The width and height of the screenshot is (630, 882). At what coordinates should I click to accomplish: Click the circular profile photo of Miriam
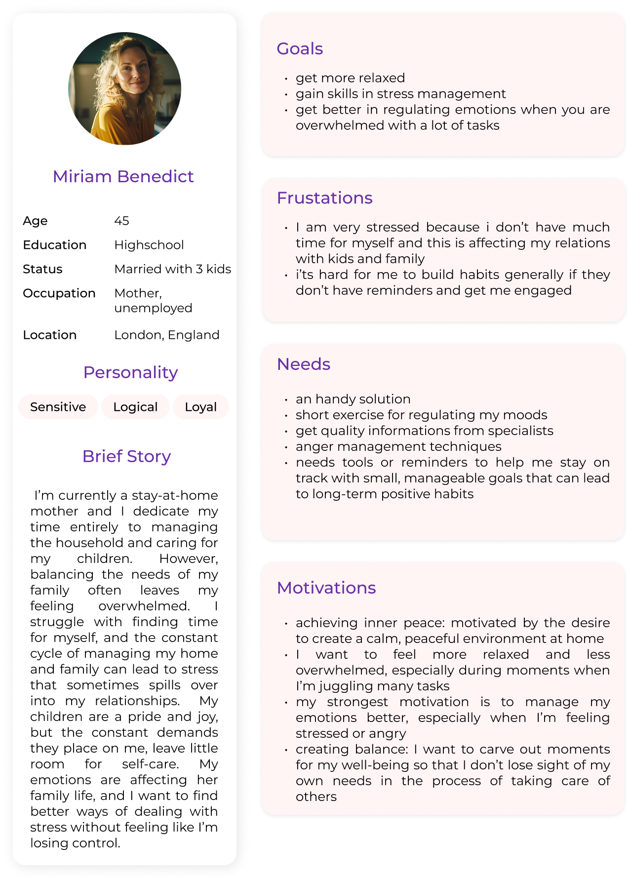tap(124, 88)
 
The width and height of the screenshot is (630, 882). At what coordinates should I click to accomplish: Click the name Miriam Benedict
tap(123, 176)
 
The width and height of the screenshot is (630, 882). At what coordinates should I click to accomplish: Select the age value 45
tap(121, 221)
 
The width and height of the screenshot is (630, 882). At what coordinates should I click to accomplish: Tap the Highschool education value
tap(149, 245)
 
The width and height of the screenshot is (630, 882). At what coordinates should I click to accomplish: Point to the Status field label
tap(42, 269)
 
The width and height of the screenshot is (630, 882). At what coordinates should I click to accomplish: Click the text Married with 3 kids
tap(172, 269)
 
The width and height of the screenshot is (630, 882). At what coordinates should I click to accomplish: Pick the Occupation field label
tap(59, 293)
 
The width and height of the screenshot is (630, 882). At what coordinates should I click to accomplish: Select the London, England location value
tap(166, 335)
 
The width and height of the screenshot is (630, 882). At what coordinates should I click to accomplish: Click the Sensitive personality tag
tap(58, 407)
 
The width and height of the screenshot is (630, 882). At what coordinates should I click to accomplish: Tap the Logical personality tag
tap(135, 407)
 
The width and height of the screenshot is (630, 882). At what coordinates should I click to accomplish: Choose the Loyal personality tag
tap(200, 407)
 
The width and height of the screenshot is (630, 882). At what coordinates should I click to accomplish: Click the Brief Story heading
tap(126, 456)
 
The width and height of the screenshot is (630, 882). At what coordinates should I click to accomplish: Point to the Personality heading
tap(130, 372)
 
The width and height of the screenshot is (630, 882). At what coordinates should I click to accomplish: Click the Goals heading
tap(300, 49)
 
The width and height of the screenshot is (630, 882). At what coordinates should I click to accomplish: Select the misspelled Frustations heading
tap(324, 198)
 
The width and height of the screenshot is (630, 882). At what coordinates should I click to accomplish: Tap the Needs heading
tap(304, 364)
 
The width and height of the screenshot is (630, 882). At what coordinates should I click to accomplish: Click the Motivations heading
tap(326, 588)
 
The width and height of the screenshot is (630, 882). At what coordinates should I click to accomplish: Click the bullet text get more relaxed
tap(350, 78)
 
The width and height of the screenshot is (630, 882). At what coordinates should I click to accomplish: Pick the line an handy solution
tap(353, 399)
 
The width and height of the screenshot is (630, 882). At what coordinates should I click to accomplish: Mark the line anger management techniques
tap(398, 446)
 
